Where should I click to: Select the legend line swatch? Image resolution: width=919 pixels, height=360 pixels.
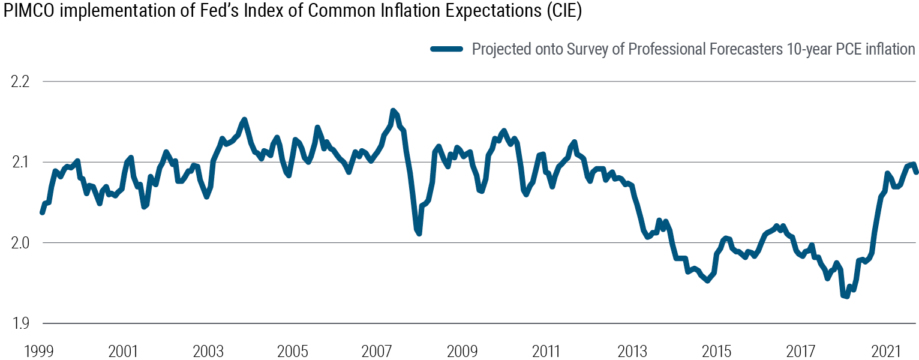tap(447, 49)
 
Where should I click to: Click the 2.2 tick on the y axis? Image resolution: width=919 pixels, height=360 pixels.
tap(21, 81)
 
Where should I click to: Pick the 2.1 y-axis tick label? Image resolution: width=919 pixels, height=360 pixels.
tap(21, 162)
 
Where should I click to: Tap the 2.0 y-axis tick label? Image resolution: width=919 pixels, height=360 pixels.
tap(21, 243)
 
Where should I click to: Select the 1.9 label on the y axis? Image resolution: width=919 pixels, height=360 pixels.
tap(21, 324)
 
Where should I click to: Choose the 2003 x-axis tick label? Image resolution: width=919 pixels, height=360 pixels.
tap(208, 350)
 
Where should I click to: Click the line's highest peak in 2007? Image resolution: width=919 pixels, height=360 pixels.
tap(393, 110)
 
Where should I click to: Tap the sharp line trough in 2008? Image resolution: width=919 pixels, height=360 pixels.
tap(419, 233)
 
